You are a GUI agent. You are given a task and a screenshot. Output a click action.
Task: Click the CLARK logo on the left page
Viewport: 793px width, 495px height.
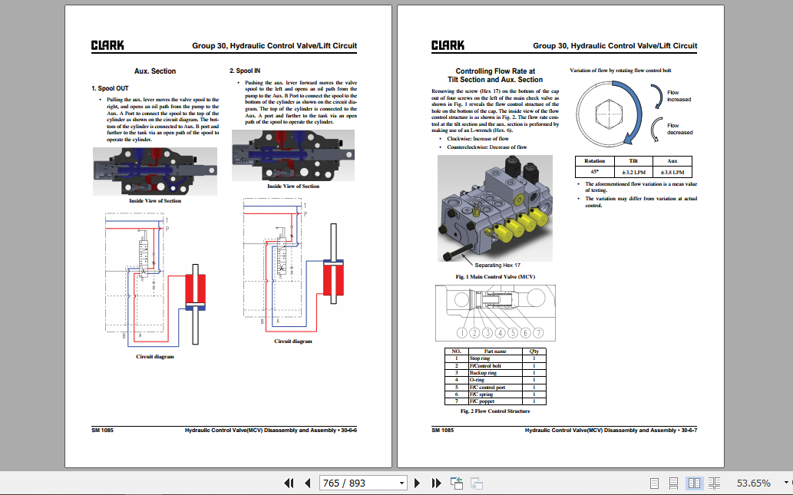(x=107, y=45)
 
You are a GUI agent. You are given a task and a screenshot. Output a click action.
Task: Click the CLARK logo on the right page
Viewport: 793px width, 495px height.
(x=448, y=45)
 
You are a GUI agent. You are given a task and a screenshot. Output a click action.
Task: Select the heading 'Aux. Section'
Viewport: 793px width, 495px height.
(x=155, y=71)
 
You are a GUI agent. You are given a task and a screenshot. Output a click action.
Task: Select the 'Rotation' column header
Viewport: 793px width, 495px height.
(x=594, y=161)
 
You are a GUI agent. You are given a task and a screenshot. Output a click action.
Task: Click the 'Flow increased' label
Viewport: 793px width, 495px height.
(x=678, y=96)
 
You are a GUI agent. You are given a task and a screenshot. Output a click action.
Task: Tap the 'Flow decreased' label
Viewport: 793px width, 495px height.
(x=679, y=129)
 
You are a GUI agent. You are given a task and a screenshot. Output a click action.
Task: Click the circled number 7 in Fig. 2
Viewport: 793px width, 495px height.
(x=539, y=333)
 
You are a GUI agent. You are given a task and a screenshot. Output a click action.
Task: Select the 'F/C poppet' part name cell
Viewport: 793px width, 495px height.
(x=483, y=401)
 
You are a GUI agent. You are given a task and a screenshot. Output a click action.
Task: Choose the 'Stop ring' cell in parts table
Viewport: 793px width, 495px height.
(x=480, y=358)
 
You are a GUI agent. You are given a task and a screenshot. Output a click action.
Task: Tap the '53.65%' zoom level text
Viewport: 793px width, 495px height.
(x=753, y=483)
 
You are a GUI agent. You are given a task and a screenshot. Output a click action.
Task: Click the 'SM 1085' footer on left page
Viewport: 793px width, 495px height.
(x=103, y=431)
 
